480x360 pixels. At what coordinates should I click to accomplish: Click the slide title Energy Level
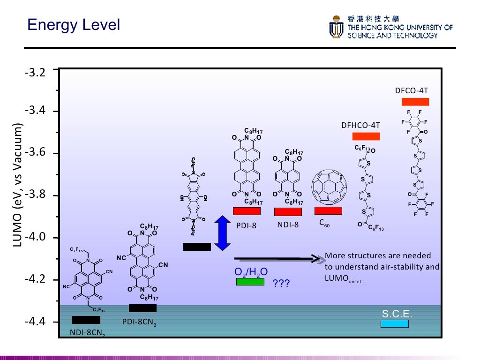pos(74,24)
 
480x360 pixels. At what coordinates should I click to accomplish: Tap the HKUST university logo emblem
pos(336,27)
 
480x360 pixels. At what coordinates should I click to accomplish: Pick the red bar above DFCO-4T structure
pos(415,102)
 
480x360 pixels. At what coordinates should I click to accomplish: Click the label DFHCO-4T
pos(360,125)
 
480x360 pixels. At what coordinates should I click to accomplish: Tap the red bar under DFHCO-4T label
pos(366,136)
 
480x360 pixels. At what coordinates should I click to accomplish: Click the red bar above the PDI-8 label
pos(247,211)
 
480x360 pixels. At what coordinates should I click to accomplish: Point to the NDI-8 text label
pos(288,225)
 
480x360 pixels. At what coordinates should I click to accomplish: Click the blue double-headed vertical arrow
pos(223,233)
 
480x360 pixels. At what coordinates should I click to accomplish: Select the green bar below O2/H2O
pos(250,282)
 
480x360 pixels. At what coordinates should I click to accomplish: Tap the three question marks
pos(281,284)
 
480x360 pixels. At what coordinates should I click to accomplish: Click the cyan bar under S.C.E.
pos(394,323)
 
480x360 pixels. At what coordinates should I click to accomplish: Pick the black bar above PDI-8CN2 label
pos(142,308)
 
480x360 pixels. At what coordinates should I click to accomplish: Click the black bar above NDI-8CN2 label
pos(86,320)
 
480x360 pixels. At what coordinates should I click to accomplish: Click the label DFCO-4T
pos(412,90)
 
